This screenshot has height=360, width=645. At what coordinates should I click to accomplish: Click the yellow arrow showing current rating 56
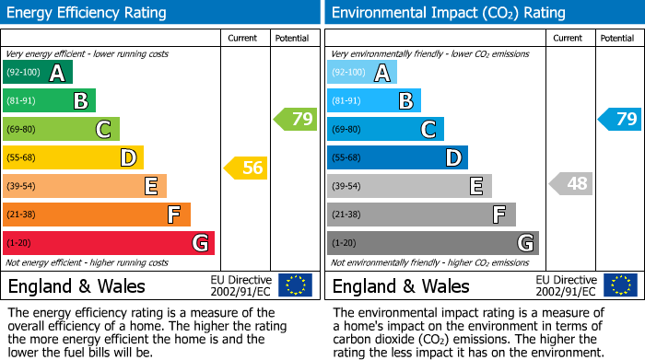[246, 168]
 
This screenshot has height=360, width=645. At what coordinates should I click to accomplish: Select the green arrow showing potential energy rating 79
[296, 119]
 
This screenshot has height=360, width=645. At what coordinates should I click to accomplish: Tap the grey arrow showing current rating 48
[570, 183]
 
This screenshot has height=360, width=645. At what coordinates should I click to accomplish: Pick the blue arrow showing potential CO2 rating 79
[619, 119]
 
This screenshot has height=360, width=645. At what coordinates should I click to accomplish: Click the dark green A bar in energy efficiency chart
[38, 73]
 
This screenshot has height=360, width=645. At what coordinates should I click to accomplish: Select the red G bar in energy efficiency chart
[109, 243]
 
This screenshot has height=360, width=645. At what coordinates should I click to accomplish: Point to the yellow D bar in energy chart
[73, 157]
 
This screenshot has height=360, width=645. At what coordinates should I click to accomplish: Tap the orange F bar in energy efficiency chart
[97, 215]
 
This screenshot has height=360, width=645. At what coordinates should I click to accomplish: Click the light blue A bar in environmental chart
[362, 73]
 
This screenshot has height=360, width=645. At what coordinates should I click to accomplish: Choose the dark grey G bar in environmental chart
[432, 243]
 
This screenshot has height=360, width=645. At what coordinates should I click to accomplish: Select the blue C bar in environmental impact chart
[385, 129]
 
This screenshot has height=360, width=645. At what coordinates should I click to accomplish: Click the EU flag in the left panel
[295, 285]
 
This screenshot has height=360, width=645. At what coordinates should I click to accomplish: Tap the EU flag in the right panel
[619, 285]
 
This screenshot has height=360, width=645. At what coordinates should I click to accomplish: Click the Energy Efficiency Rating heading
[88, 13]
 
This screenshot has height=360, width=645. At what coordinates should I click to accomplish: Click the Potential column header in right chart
[616, 38]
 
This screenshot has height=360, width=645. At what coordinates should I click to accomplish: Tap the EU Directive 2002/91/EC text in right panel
[566, 285]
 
